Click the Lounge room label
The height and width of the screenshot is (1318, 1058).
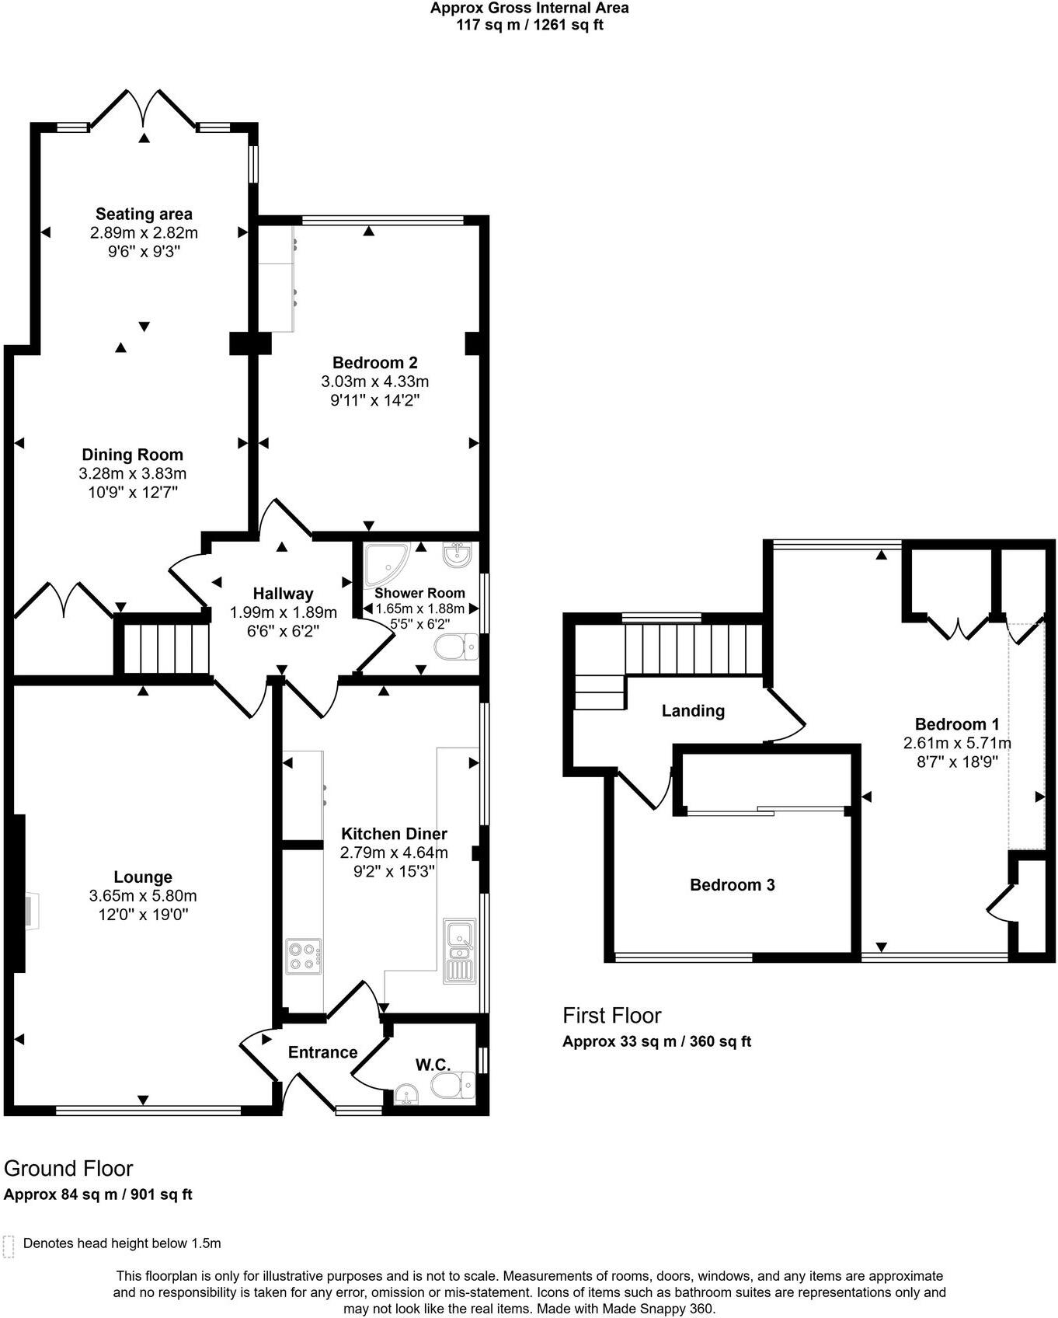point(143,877)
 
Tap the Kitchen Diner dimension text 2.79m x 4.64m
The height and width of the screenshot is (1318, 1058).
point(394,853)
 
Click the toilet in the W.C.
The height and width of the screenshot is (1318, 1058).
point(454,1085)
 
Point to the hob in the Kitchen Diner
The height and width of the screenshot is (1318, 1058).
point(304,957)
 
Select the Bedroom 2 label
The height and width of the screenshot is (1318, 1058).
point(374,362)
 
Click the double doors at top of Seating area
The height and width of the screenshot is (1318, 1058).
point(144,109)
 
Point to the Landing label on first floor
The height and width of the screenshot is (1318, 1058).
point(693,710)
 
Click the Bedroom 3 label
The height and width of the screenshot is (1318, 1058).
point(732,884)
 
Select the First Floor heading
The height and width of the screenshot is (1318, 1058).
point(611,1015)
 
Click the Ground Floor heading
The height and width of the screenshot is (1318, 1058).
point(68,1168)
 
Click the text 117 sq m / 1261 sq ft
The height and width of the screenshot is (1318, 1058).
point(529,25)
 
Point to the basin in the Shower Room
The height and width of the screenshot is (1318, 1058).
point(456,555)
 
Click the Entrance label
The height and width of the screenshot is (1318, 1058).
point(322,1052)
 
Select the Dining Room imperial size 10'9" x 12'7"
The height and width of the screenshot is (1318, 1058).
point(133,492)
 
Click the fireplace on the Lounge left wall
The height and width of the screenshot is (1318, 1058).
point(30,910)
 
